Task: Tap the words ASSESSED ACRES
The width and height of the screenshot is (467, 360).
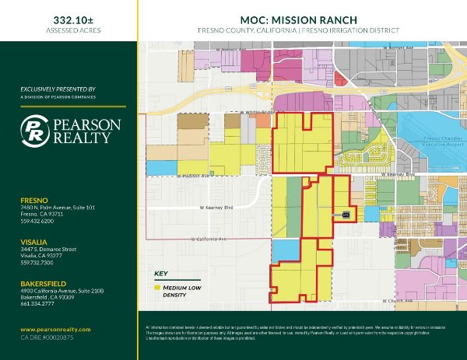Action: tap(69, 30)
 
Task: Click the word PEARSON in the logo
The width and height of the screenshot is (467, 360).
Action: tap(86, 124)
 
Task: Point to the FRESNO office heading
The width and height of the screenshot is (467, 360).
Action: tap(35, 201)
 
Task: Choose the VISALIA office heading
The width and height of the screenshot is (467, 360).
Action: tap(34, 242)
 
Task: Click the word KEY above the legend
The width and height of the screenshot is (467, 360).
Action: tap(160, 274)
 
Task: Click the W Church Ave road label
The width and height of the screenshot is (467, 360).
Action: tap(397, 300)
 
